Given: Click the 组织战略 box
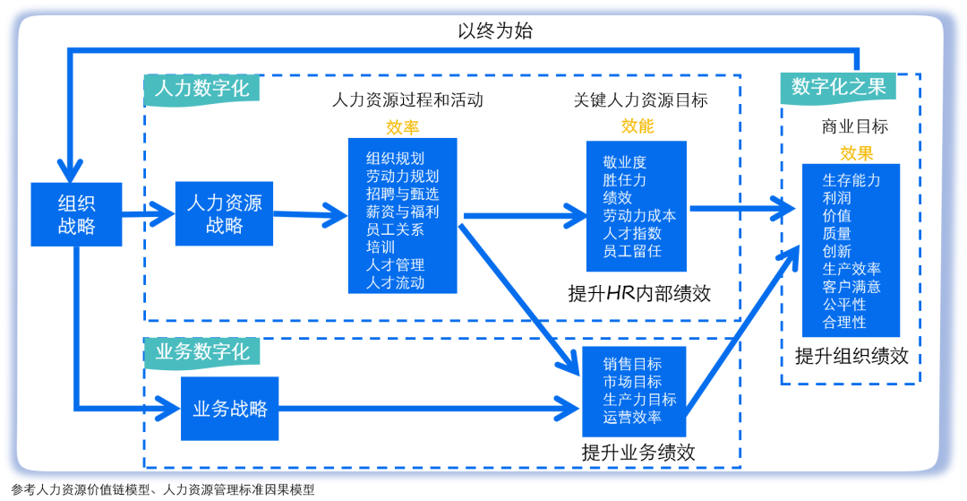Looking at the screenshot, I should point(76,214).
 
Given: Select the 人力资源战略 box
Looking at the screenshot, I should point(224,214).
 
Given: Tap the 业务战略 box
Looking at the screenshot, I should point(230,409).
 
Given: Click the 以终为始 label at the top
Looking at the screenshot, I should point(495,30).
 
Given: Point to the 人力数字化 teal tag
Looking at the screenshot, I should point(201,90).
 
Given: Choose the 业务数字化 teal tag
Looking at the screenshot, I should point(201,351).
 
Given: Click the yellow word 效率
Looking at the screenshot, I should point(402,127).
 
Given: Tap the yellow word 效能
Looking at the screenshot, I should point(638,126).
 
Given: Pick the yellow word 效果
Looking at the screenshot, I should point(856,153).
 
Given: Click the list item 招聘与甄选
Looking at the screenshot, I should point(402,194).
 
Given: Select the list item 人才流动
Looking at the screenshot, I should point(395,283).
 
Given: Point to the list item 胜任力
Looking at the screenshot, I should point(624,180).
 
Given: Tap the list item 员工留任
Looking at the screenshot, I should point(631,251).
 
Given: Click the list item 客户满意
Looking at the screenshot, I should point(851,287).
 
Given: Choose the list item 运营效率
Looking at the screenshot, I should point(632,418).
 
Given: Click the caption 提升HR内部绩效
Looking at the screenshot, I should point(639,293).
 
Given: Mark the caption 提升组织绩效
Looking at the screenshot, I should point(851,356).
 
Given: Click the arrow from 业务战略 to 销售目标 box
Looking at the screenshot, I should point(430,410).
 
